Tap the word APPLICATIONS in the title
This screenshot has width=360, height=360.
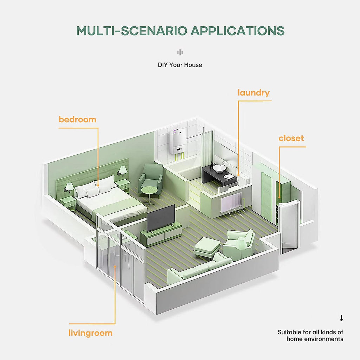click(238, 31)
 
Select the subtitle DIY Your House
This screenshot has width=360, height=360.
click(180, 65)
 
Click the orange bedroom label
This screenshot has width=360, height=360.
click(77, 120)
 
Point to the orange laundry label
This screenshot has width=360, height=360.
click(253, 93)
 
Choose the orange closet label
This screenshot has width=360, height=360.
click(291, 138)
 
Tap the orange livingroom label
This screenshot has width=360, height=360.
click(90, 333)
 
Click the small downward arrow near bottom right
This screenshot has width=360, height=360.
click(341, 318)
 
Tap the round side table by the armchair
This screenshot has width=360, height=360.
click(149, 195)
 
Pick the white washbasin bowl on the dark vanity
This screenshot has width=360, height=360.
click(219, 168)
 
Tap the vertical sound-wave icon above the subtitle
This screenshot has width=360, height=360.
click(180, 52)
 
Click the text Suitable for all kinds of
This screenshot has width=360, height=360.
click(310, 332)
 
